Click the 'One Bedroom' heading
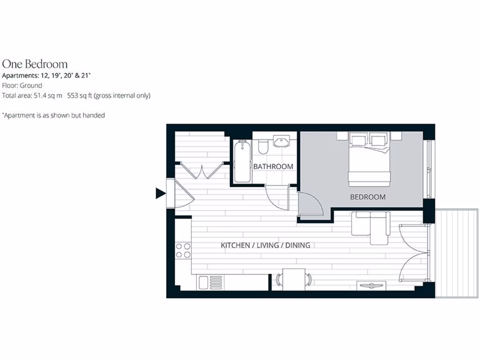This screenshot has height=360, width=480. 35,64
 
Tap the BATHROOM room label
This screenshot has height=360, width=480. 273,166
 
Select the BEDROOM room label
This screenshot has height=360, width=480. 368,197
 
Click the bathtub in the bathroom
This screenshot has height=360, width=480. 242,161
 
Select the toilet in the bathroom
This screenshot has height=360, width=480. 262,147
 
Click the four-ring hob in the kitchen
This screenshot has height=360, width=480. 183,250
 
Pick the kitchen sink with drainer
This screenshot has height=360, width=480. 210,282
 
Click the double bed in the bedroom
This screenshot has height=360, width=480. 369,159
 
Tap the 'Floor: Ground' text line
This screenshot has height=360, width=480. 22,85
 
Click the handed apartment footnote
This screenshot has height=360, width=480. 53,115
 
